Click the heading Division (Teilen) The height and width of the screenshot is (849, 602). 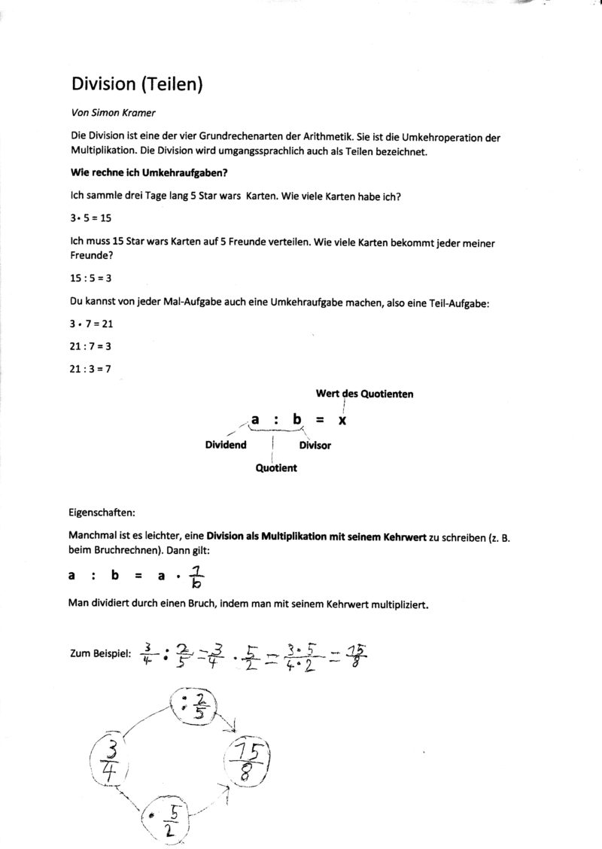[x=137, y=84]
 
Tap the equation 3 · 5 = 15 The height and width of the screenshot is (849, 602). [x=90, y=218]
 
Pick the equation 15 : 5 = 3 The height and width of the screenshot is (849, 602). [x=90, y=278]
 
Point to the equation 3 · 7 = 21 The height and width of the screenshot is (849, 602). [x=90, y=324]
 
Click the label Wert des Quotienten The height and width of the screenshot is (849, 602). [x=364, y=394]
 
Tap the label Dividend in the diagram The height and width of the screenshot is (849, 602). [x=226, y=445]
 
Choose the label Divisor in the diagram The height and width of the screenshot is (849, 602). [x=315, y=446]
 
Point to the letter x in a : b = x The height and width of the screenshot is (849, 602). [x=342, y=421]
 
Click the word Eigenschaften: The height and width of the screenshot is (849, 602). [x=102, y=513]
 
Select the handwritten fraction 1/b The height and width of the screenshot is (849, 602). [x=195, y=575]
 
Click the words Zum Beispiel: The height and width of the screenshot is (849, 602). [x=100, y=653]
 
